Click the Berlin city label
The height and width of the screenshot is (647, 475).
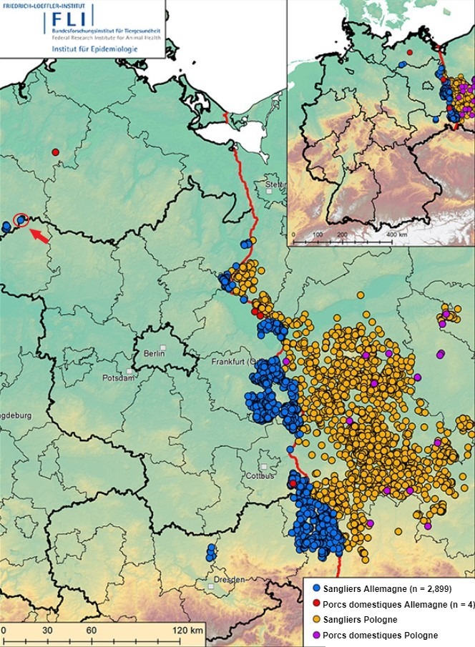154,354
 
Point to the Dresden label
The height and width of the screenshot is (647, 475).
229,579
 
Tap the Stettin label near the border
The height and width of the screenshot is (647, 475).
275,185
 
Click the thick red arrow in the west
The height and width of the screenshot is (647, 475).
40,236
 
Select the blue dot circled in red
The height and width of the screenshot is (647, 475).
21,219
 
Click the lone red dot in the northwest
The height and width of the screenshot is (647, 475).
55,152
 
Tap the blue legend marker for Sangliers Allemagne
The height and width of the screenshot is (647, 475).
315,588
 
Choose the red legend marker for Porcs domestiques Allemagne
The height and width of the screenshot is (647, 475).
315,604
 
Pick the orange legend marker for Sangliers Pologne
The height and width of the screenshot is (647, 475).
315,619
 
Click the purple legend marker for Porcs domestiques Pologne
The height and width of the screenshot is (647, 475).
315,635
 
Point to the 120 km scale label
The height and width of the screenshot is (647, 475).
189,630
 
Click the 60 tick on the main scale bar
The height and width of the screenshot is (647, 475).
92,630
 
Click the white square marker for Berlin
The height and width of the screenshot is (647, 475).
164,347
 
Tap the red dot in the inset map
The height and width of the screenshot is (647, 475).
410,52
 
